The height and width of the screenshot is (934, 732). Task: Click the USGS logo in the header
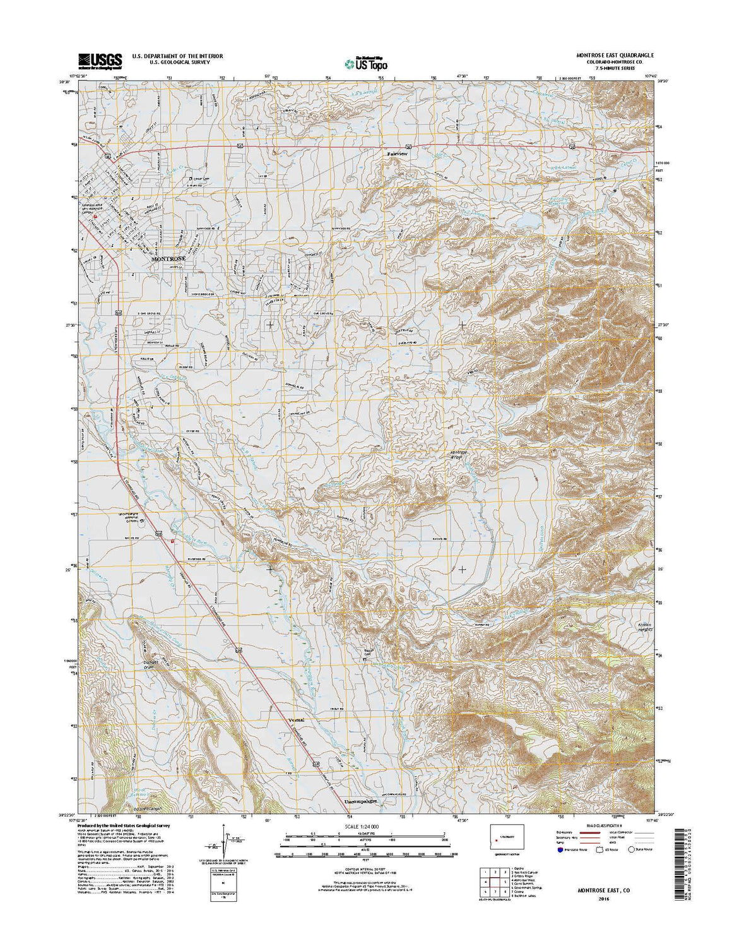100,60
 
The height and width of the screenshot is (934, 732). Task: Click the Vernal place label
296,720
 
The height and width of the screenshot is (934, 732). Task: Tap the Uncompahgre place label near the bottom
364,801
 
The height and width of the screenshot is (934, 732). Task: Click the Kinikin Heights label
640,627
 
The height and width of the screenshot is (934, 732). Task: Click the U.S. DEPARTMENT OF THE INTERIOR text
177,56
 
